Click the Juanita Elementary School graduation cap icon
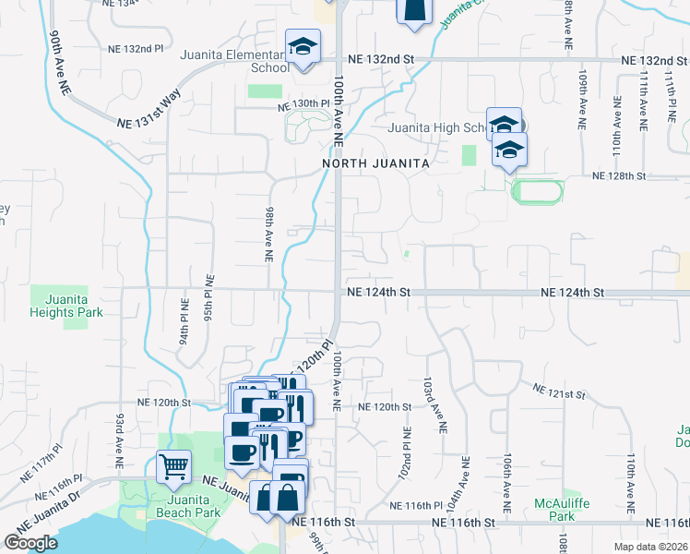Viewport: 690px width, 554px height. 302,47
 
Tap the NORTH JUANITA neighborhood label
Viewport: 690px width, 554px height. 376,163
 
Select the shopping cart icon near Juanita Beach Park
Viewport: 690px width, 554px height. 172,466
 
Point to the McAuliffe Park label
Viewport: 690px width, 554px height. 554,510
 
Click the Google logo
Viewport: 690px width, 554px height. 30,543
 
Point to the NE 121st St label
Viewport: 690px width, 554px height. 559,393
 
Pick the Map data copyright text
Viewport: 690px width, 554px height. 651,546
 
